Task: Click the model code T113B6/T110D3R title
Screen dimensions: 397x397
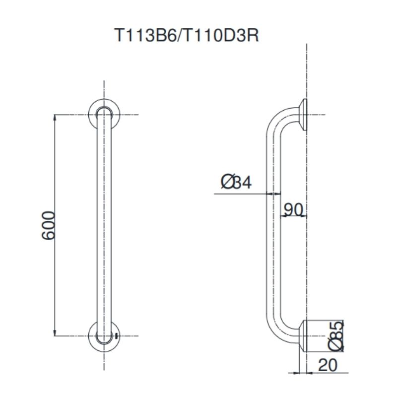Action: click(x=187, y=35)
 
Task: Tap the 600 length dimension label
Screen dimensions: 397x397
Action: click(x=48, y=225)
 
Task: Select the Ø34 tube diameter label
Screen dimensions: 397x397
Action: click(x=236, y=182)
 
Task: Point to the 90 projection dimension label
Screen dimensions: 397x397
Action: click(x=293, y=209)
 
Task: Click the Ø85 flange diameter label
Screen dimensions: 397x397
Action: click(x=336, y=336)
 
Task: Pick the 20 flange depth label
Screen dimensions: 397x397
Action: click(x=328, y=365)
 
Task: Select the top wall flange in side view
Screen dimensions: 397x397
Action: click(x=303, y=115)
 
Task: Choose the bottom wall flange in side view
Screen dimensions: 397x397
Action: click(x=303, y=336)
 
